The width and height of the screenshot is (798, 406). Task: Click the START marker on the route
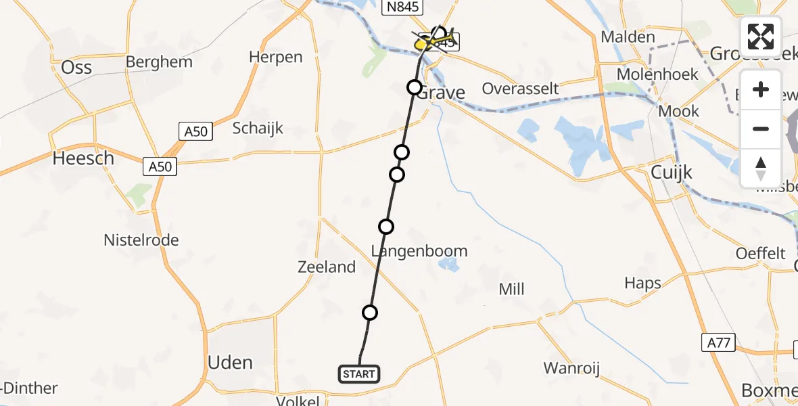(358, 374)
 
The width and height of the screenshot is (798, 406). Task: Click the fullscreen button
(761, 37)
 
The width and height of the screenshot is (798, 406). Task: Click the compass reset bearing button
(761, 168)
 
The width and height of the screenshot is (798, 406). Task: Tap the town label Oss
(76, 67)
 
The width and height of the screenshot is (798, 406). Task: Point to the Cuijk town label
(672, 173)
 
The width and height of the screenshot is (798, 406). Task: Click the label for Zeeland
(327, 267)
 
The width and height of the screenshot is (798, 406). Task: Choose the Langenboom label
(419, 252)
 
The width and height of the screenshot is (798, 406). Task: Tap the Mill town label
(511, 290)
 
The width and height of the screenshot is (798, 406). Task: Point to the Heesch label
(84, 158)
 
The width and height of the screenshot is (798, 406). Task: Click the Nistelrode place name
(141, 240)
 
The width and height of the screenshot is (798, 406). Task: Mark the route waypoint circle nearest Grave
(414, 87)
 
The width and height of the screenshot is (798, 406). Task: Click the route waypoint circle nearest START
(369, 312)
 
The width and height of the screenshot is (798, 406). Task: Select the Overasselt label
(520, 89)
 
